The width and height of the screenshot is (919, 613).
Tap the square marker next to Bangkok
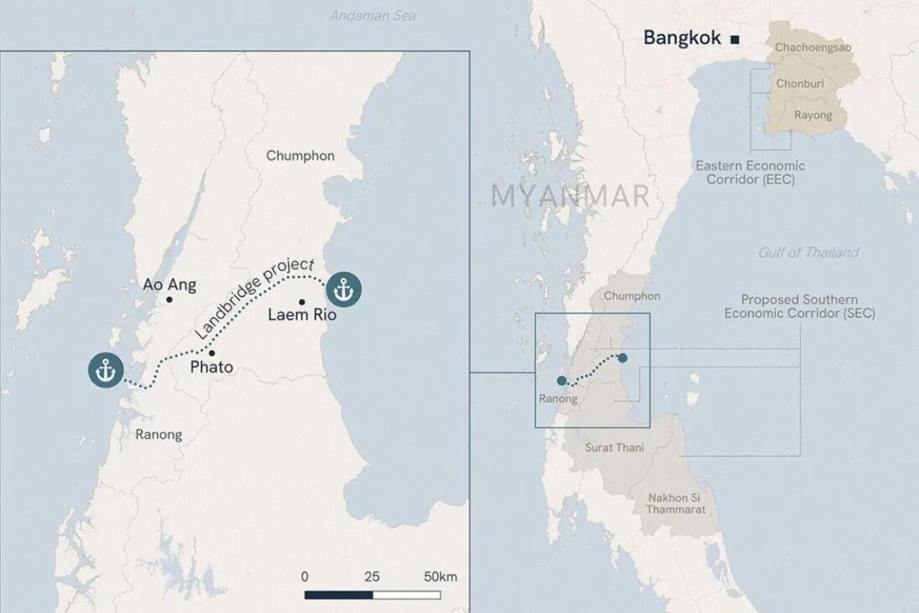(734, 39)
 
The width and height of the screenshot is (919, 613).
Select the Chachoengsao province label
(812, 48)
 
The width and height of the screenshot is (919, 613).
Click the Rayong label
(812, 115)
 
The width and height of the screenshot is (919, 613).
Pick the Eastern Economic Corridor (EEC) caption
(749, 172)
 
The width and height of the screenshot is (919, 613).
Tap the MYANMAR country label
(571, 196)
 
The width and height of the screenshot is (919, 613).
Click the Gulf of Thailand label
(808, 252)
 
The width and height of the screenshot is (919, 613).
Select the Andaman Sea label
(373, 15)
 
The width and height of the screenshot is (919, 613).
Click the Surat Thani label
(615, 448)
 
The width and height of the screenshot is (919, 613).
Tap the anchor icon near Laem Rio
(343, 290)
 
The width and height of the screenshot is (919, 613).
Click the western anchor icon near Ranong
(106, 370)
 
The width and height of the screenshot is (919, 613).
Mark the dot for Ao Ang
(170, 300)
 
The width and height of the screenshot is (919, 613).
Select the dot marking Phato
(211, 353)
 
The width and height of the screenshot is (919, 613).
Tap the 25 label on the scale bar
(372, 577)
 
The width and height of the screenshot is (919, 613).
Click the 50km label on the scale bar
(441, 577)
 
